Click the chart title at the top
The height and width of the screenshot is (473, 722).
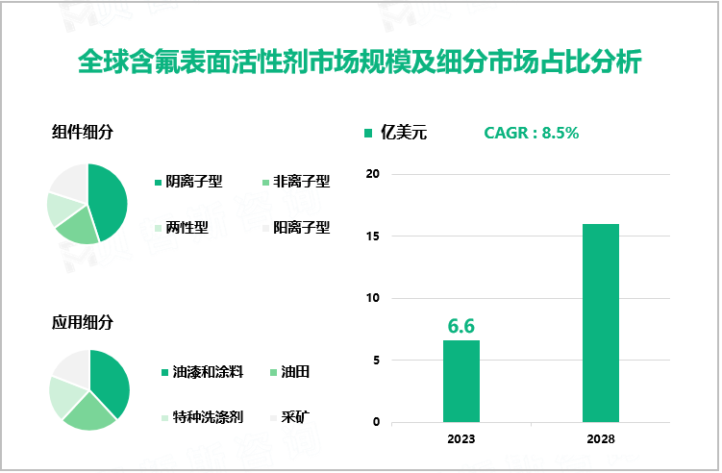click(361, 62)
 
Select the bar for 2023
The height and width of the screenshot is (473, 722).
click(461, 381)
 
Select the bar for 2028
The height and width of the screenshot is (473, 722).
click(601, 322)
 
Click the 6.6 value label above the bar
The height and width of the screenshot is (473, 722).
click(461, 326)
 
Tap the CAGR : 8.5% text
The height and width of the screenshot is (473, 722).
click(531, 133)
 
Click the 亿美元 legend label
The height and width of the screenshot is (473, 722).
click(404, 133)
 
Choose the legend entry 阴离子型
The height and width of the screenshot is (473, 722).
click(193, 181)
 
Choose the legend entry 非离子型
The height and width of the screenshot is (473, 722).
click(301, 181)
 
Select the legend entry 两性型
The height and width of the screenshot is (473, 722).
click(187, 228)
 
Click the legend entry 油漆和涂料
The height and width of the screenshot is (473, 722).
click(200, 371)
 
